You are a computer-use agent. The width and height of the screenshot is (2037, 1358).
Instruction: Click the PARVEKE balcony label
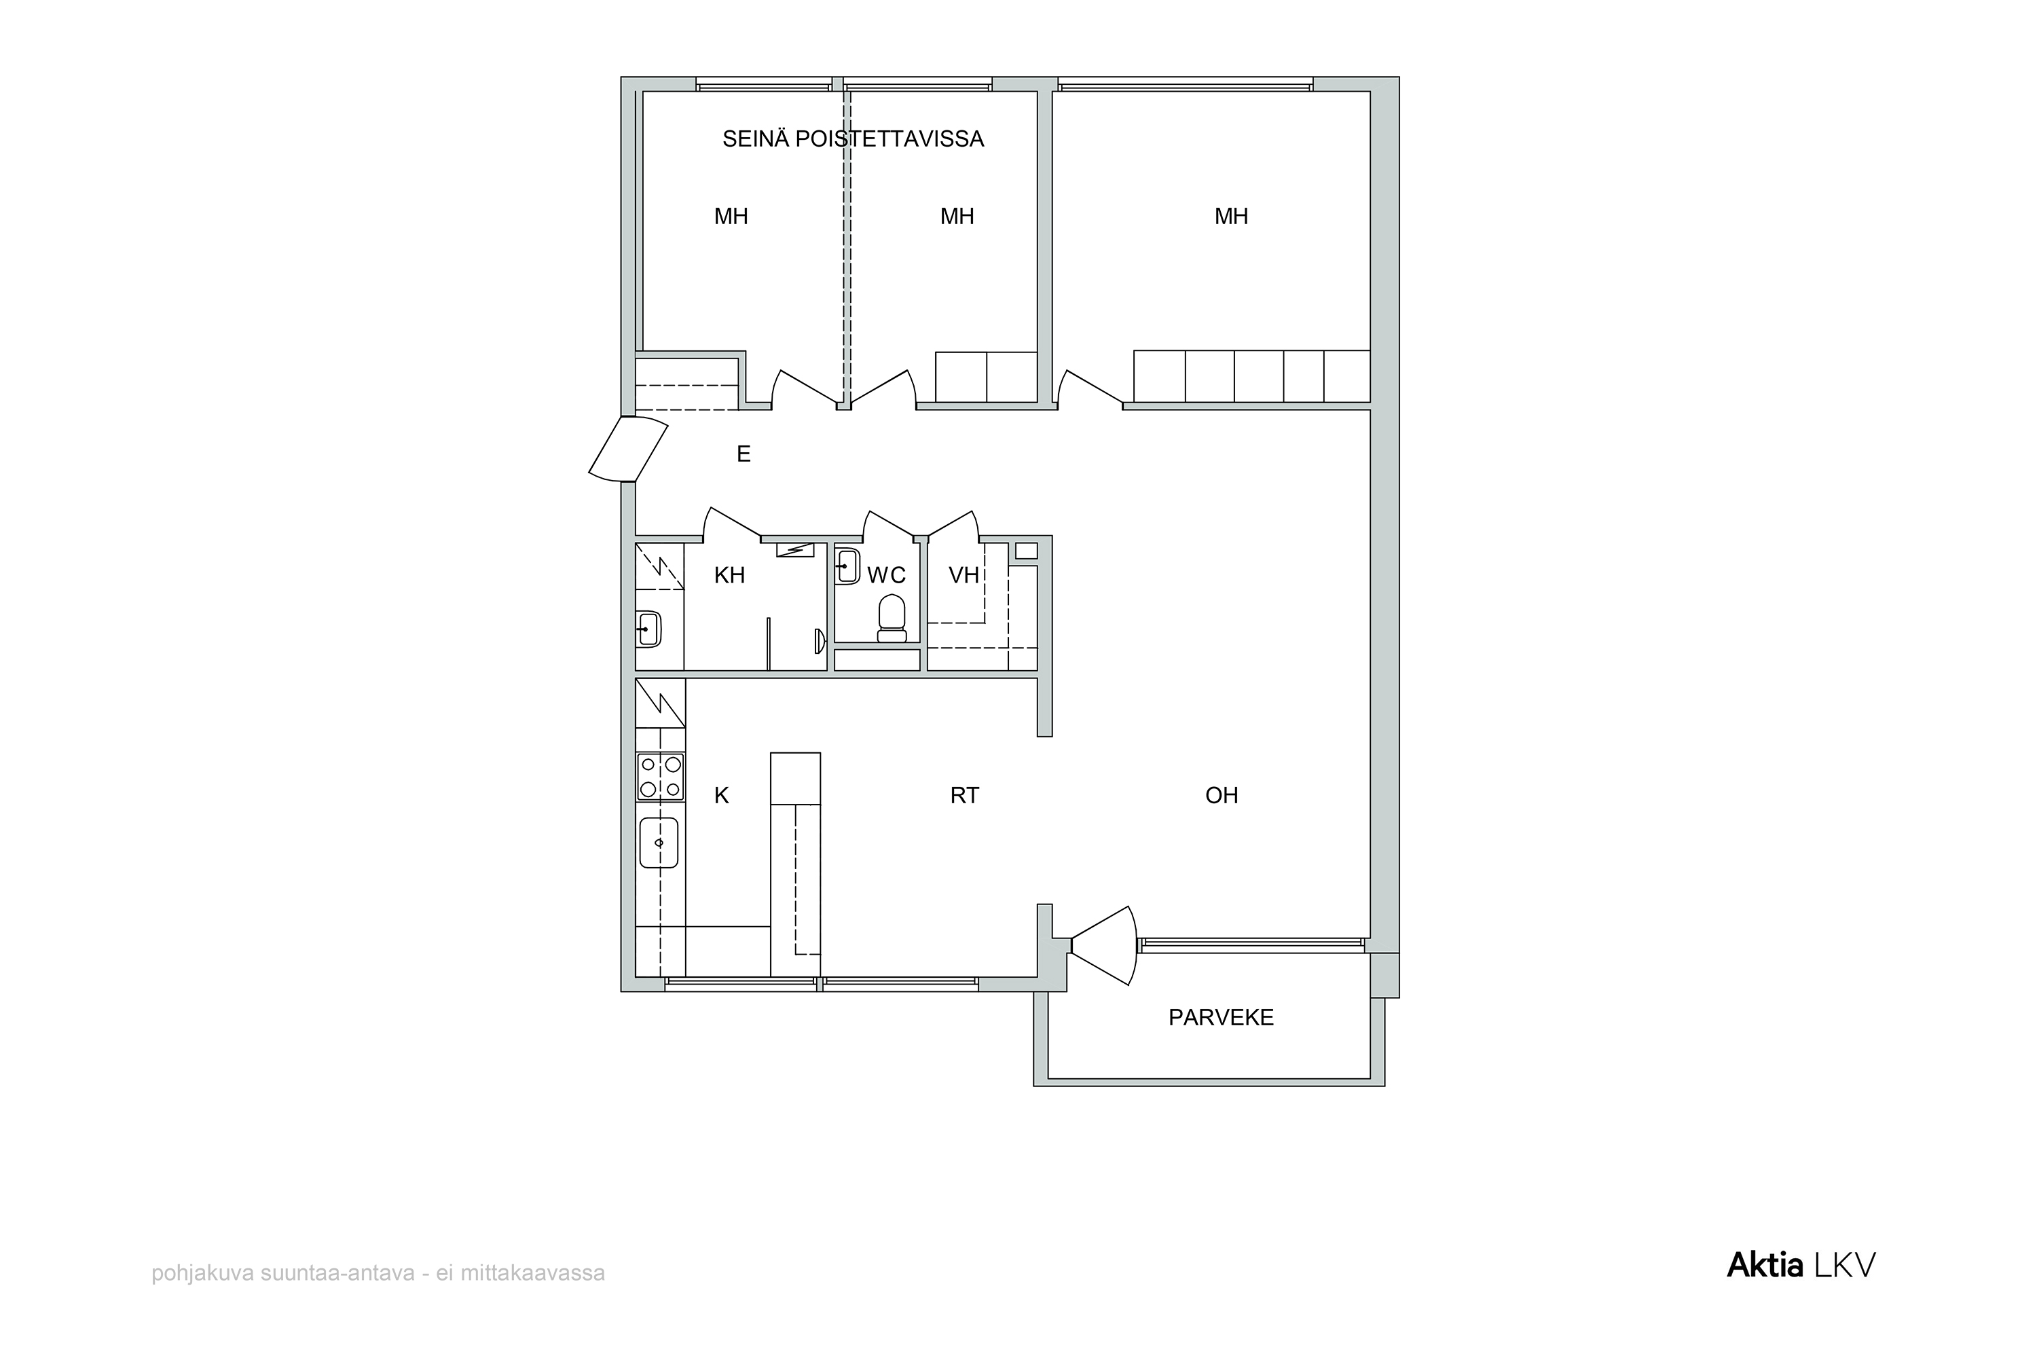point(1220,1018)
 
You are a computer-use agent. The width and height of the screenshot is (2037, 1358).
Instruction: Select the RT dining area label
point(964,795)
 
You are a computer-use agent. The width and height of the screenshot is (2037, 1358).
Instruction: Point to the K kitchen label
point(721,795)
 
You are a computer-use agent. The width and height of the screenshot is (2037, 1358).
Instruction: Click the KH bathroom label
point(729,575)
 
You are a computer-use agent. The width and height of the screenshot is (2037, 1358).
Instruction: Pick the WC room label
point(886,575)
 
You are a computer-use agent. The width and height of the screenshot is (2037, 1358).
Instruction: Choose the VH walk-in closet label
point(964,575)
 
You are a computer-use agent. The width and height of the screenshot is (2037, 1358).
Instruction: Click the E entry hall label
point(743,454)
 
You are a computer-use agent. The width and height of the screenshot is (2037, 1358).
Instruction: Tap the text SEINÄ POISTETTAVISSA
point(853,139)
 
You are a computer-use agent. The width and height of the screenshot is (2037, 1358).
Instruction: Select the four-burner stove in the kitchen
point(660,777)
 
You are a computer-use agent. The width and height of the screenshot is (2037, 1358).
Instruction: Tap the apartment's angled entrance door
point(629,449)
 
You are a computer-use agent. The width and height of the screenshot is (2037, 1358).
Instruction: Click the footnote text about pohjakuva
point(378,1273)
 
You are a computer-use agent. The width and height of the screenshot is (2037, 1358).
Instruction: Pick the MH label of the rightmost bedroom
point(1230,217)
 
